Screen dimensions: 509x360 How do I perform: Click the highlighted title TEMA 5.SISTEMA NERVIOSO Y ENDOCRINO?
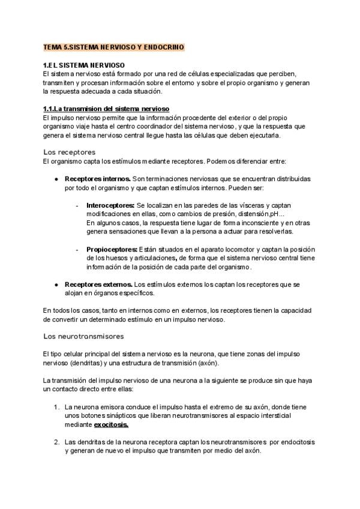(x=113, y=47)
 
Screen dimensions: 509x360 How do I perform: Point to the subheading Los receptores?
(x=70, y=152)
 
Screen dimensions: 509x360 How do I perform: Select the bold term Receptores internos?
(x=98, y=179)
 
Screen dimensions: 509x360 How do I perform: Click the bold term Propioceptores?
(x=112, y=249)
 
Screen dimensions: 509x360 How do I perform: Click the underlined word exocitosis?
(x=111, y=424)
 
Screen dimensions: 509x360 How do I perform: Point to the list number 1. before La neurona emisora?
(x=56, y=406)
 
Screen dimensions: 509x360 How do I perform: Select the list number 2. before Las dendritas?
(x=56, y=442)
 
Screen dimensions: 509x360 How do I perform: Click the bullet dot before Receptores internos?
(x=56, y=179)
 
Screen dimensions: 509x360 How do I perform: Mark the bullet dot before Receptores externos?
(x=56, y=284)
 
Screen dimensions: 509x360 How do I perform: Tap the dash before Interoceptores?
(x=77, y=205)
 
